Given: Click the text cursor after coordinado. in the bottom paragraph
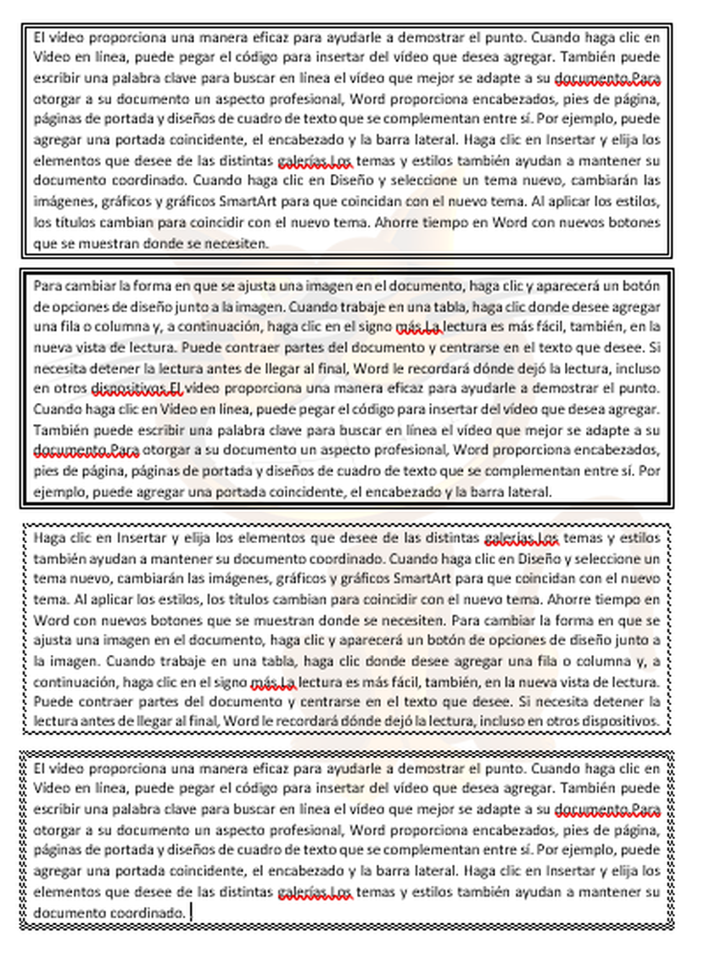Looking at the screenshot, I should pyautogui.click(x=192, y=913).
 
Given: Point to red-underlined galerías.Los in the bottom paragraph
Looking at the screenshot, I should pyautogui.click(x=315, y=893).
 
